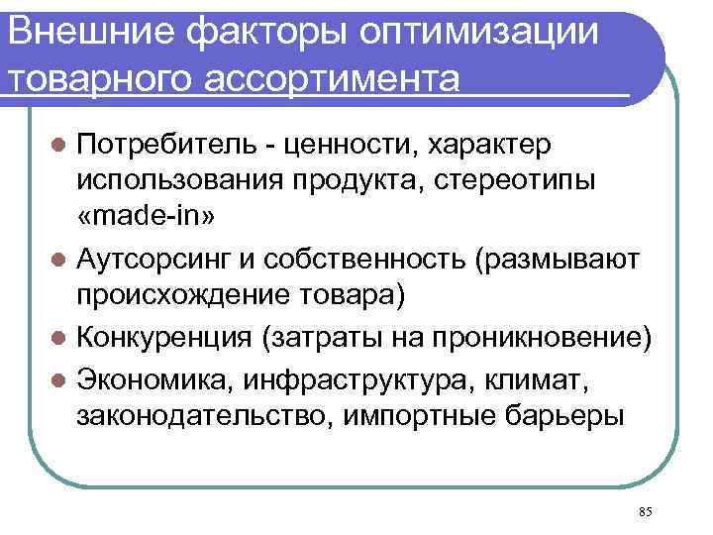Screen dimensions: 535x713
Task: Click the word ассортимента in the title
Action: coord(349,77)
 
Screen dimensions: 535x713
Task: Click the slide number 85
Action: coord(646,511)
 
